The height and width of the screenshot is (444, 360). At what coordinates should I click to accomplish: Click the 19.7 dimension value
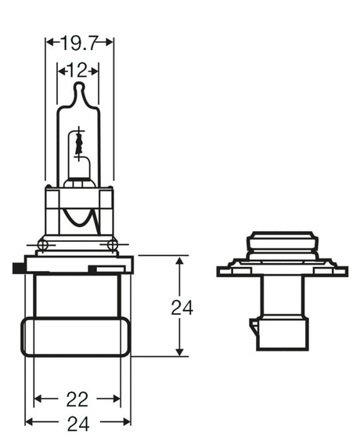(x=79, y=42)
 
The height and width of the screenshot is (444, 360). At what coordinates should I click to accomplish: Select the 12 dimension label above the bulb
(x=77, y=70)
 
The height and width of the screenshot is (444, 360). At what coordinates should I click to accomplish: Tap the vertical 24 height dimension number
(x=182, y=307)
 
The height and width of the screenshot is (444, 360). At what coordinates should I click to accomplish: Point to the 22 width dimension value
(x=77, y=399)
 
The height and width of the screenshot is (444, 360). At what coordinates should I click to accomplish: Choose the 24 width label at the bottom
(x=77, y=423)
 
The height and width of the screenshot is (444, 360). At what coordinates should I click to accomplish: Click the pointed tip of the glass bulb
(x=77, y=85)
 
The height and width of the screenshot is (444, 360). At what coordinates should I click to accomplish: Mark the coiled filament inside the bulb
(x=77, y=144)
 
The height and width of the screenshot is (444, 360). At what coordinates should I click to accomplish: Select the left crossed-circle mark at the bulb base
(x=43, y=245)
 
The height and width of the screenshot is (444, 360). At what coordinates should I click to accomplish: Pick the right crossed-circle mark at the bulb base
(x=113, y=245)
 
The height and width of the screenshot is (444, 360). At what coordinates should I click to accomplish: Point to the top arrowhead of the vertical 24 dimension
(x=180, y=262)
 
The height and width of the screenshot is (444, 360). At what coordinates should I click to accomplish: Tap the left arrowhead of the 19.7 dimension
(x=49, y=42)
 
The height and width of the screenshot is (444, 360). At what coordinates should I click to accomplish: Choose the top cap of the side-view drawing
(x=282, y=236)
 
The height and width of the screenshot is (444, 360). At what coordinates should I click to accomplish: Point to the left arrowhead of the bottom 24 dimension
(x=30, y=423)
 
